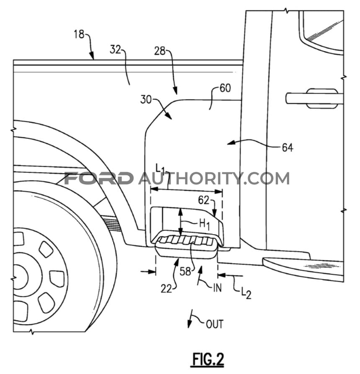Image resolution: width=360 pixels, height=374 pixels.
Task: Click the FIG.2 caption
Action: pos(208,359)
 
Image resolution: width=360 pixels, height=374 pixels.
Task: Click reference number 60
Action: pos(225,89)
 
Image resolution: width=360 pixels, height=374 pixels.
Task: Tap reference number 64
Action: pos(287,148)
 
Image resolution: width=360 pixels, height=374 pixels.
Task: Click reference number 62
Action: pos(204,201)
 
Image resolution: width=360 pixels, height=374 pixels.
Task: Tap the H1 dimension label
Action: pos(204,225)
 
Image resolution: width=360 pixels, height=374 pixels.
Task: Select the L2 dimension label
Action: pos(246,293)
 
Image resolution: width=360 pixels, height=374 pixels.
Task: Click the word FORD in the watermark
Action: pos(99,178)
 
